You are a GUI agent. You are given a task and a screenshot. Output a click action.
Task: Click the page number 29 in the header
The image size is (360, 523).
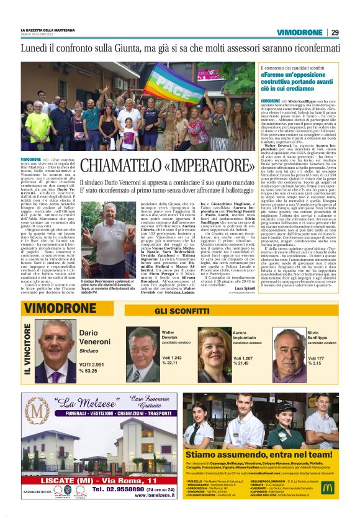(x=334, y=32)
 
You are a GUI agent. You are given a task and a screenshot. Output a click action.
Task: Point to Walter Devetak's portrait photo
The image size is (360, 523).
(x=143, y=353)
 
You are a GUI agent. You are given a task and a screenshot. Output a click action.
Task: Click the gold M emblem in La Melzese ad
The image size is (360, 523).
(x=40, y=415)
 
